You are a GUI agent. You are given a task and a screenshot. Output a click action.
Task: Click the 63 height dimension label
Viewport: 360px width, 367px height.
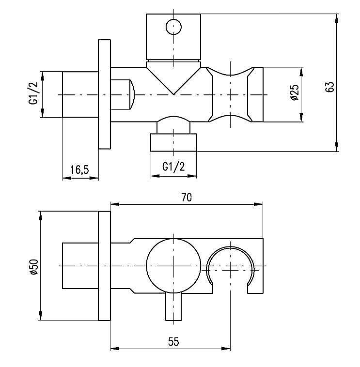click(x=330, y=87)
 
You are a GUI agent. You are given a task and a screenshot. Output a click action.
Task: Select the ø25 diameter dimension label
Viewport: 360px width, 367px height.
click(x=294, y=93)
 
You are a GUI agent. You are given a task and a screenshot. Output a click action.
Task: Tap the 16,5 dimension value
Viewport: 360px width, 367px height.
click(x=79, y=170)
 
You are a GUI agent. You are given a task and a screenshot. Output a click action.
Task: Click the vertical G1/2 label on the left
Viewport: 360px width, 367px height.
click(x=33, y=94)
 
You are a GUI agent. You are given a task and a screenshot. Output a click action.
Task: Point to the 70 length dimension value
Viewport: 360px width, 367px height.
click(x=187, y=197)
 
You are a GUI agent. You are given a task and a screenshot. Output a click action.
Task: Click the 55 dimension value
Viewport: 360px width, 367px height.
click(x=173, y=341)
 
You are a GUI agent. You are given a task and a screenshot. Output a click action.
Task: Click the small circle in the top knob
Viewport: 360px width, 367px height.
click(x=173, y=26)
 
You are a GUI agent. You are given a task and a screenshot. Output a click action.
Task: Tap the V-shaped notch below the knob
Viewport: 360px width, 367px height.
click(x=173, y=77)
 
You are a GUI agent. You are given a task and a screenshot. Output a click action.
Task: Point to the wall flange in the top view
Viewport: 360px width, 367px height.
click(x=105, y=94)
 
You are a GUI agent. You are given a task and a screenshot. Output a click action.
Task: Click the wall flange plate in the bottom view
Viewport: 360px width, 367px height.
click(x=105, y=266)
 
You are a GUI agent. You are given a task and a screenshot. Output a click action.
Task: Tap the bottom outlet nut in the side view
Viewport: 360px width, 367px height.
click(x=174, y=143)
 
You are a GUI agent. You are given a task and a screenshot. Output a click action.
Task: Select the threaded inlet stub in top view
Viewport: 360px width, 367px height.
click(x=80, y=94)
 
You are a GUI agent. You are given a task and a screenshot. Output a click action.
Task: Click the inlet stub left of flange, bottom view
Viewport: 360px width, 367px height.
click(x=80, y=266)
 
